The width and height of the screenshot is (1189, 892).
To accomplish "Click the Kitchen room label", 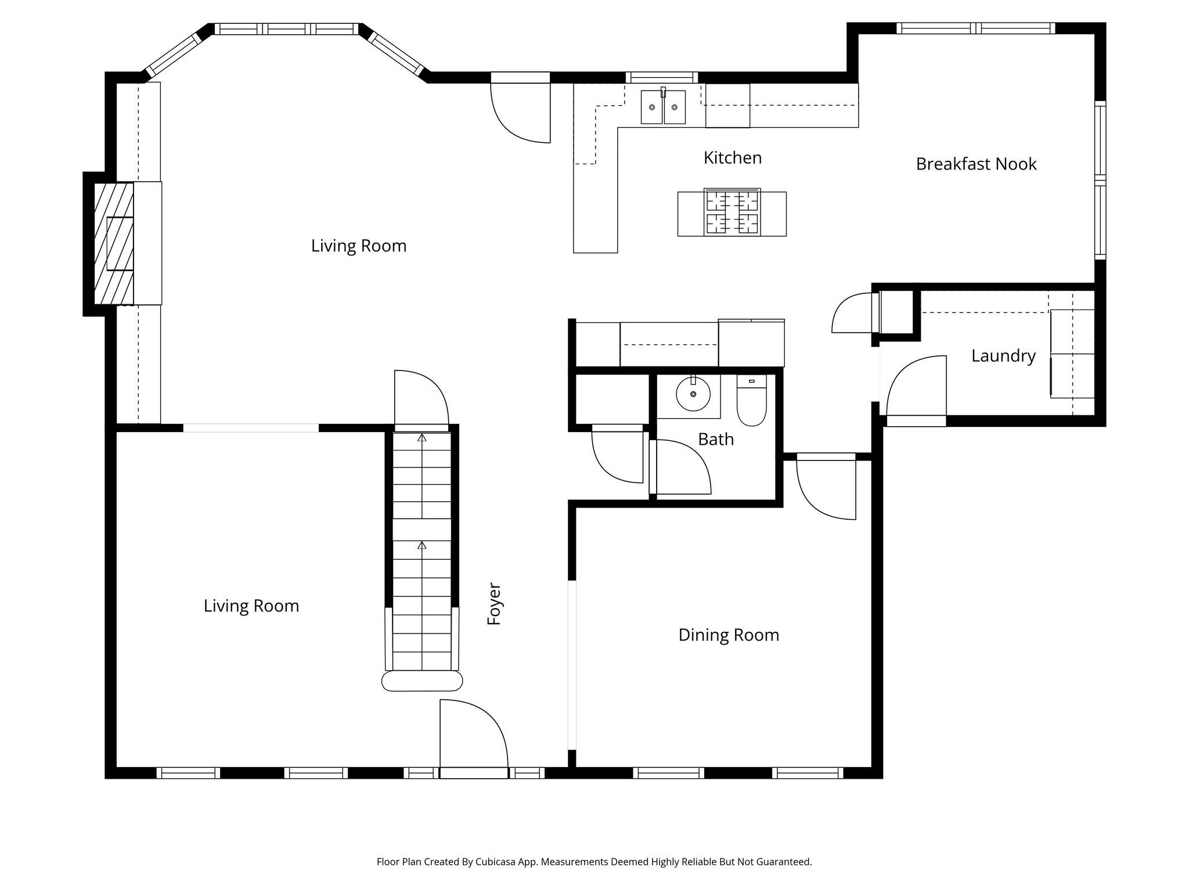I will pyautogui.click(x=732, y=158).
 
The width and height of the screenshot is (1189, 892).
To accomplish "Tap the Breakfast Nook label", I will pyautogui.click(x=976, y=164).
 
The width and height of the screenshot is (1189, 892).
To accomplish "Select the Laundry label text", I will pyautogui.click(x=1003, y=356).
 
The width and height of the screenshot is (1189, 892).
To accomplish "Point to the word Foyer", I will pyautogui.click(x=494, y=604).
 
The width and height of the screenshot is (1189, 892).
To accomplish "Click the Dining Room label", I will pyautogui.click(x=729, y=635).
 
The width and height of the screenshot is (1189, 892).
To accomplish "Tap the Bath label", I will pyautogui.click(x=715, y=440).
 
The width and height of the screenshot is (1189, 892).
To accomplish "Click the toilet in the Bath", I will pyautogui.click(x=751, y=401).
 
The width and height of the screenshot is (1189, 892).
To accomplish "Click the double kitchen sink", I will pyautogui.click(x=663, y=107).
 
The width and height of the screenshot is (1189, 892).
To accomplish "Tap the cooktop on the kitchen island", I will pyautogui.click(x=732, y=212).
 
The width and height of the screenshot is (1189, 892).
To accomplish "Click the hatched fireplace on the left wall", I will pyautogui.click(x=114, y=243).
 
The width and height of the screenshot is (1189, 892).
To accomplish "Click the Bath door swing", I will pyautogui.click(x=679, y=467).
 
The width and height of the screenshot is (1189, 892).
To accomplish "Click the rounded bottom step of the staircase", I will pyautogui.click(x=422, y=681).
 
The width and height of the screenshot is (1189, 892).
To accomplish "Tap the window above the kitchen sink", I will pyautogui.click(x=662, y=77).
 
